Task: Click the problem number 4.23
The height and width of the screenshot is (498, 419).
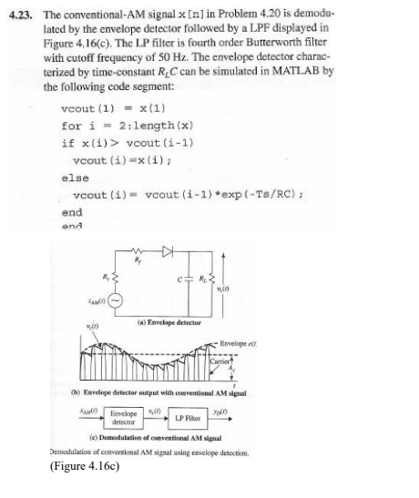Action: tap(23, 15)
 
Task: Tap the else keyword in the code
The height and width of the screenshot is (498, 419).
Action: tap(75, 178)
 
